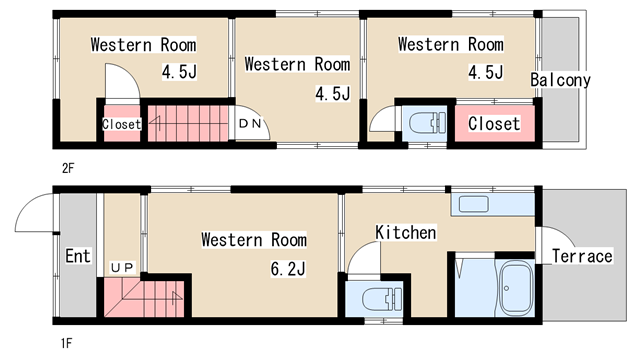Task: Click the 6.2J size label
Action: pyautogui.click(x=288, y=269)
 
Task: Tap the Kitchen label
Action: pyautogui.click(x=406, y=232)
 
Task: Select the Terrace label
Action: pyautogui.click(x=582, y=256)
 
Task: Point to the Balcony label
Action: pyautogui.click(x=560, y=80)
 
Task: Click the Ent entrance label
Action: pyautogui.click(x=78, y=256)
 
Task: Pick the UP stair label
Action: pyautogui.click(x=122, y=268)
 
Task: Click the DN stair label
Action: pyautogui.click(x=250, y=123)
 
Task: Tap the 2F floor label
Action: pyautogui.click(x=68, y=168)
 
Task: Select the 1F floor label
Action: pyautogui.click(x=67, y=343)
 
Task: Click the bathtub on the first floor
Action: pyautogui.click(x=516, y=288)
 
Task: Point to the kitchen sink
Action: pyautogui.click(x=474, y=204)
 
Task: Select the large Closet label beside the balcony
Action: pyautogui.click(x=494, y=123)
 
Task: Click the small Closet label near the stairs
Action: pyautogui.click(x=122, y=124)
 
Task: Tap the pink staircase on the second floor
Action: pyautogui.click(x=188, y=124)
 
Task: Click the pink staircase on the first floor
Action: pyautogui.click(x=144, y=297)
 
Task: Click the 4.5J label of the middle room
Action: pyautogui.click(x=333, y=93)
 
